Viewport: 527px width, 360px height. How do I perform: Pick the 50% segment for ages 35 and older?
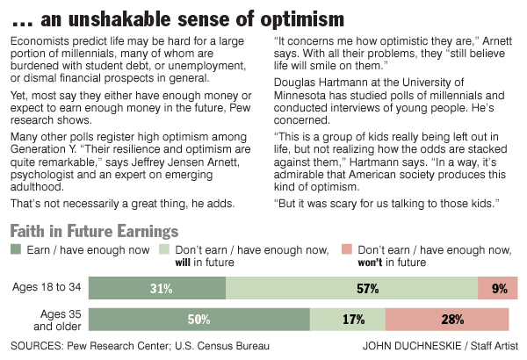(199, 319)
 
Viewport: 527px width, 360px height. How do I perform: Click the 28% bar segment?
(446, 319)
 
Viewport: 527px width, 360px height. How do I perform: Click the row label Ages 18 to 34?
(48, 288)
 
